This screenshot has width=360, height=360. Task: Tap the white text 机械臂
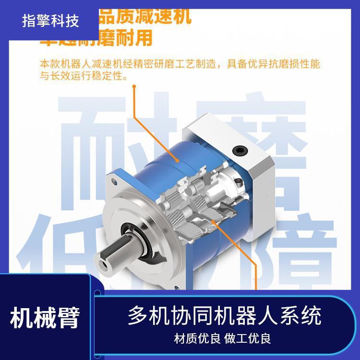pos(45,318)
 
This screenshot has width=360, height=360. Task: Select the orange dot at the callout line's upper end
pos(134,87)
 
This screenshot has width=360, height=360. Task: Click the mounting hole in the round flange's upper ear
pos(115,181)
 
